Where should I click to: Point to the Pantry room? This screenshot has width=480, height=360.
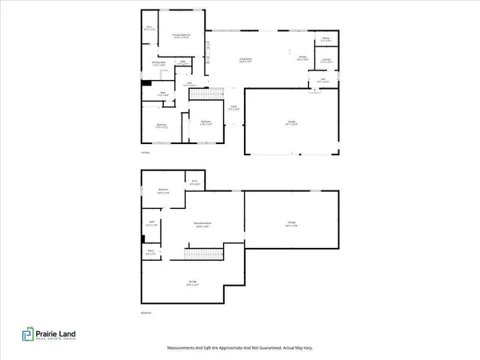(x=326, y=39)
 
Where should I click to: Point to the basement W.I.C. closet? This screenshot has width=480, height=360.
(x=194, y=182)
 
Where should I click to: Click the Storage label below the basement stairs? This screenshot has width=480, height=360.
(x=192, y=282)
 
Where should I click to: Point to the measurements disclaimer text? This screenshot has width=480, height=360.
(x=240, y=349)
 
